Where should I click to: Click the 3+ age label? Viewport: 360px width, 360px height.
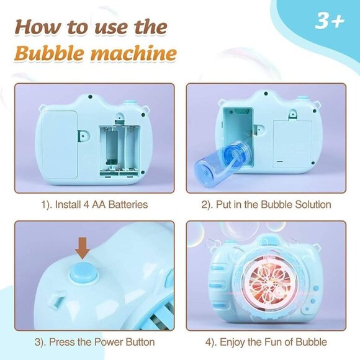(x=329, y=20)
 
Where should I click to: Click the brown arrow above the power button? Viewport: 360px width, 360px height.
(x=83, y=248)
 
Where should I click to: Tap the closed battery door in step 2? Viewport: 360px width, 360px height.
(x=293, y=142)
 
